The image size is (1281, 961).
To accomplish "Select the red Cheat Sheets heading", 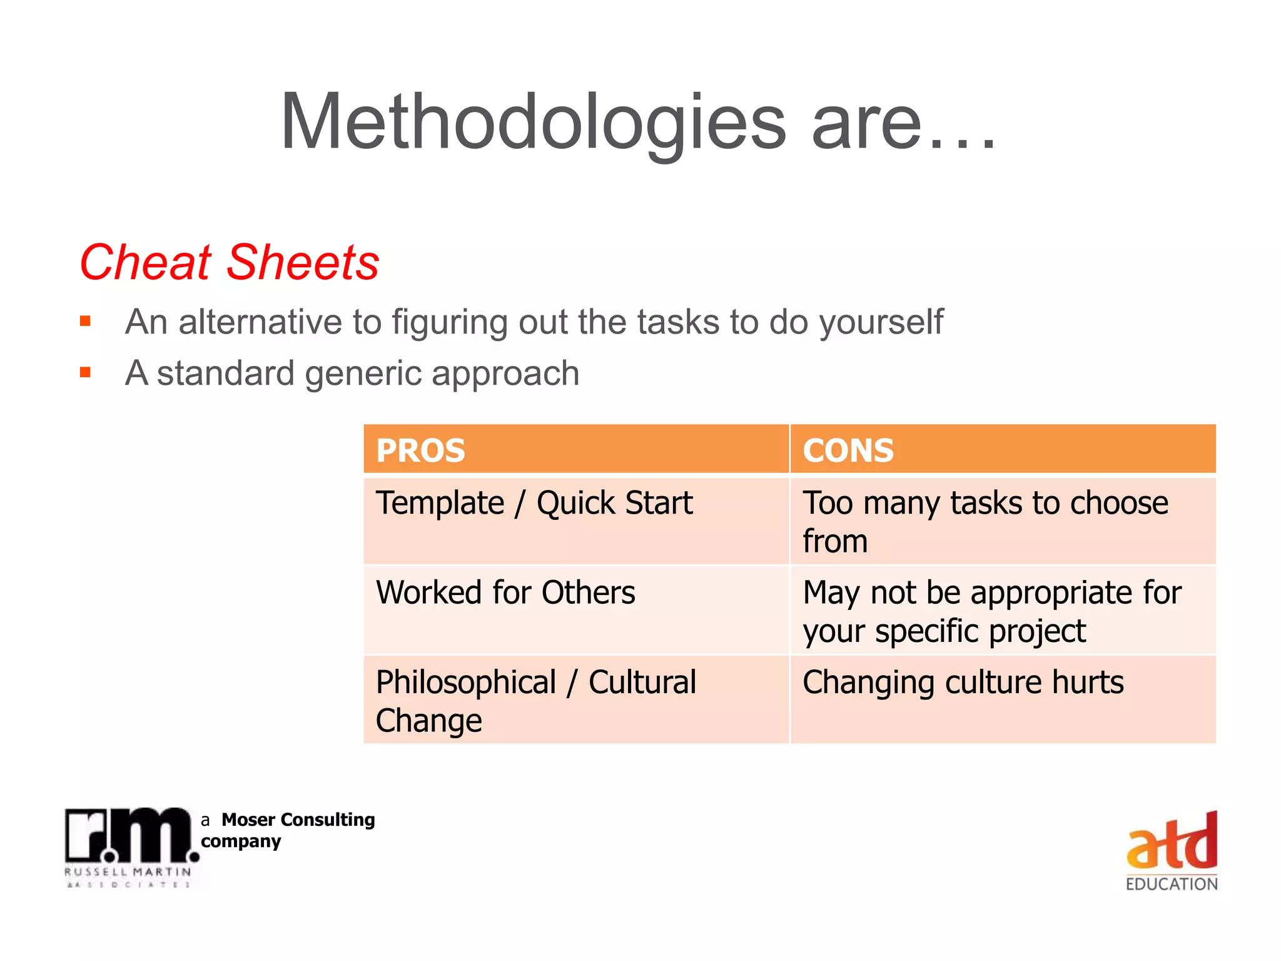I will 230,262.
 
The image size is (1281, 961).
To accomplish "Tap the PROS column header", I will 420,450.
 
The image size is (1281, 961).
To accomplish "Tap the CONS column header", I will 848,450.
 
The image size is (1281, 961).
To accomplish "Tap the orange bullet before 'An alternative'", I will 86,322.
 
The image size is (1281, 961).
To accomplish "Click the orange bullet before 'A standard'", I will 86,374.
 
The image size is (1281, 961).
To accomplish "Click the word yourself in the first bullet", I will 881,323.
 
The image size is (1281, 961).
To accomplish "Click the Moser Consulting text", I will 298,820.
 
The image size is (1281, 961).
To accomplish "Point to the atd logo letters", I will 1172,843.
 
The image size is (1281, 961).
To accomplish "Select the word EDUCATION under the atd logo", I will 1172,884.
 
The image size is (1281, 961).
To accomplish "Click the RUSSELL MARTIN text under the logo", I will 128,872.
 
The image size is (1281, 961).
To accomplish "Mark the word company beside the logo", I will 241,842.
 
